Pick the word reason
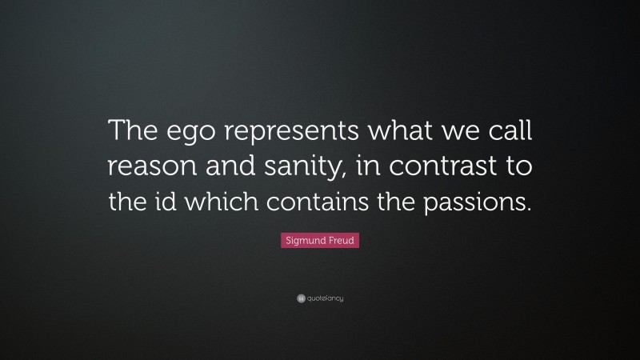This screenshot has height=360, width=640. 144,170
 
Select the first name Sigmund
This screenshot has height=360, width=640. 302,240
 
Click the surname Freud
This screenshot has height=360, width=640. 341,240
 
